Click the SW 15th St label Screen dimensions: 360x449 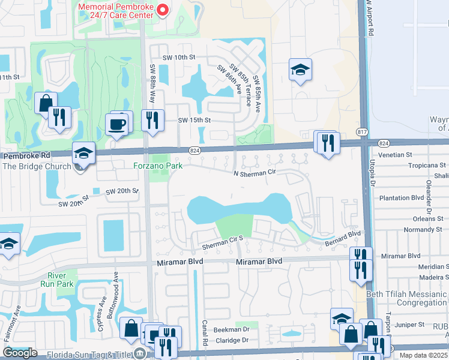click(194, 120)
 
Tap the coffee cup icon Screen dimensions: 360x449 click(116, 125)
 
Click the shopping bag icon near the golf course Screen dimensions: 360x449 click(46, 103)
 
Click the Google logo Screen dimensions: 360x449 click(20, 353)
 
